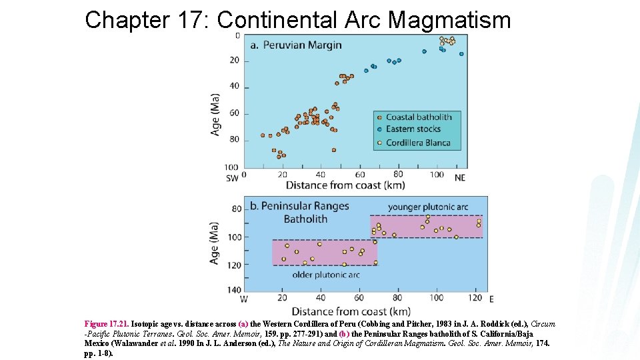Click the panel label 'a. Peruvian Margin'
point(296,45)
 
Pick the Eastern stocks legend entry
point(408,129)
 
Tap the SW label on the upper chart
point(232,178)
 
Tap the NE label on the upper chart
point(460,177)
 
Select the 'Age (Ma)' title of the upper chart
point(215,114)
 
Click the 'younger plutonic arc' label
point(427,207)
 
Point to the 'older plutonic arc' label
point(327,274)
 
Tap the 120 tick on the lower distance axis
point(475,298)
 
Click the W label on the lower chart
point(245,299)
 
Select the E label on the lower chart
point(491,299)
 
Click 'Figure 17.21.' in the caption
point(106,324)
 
